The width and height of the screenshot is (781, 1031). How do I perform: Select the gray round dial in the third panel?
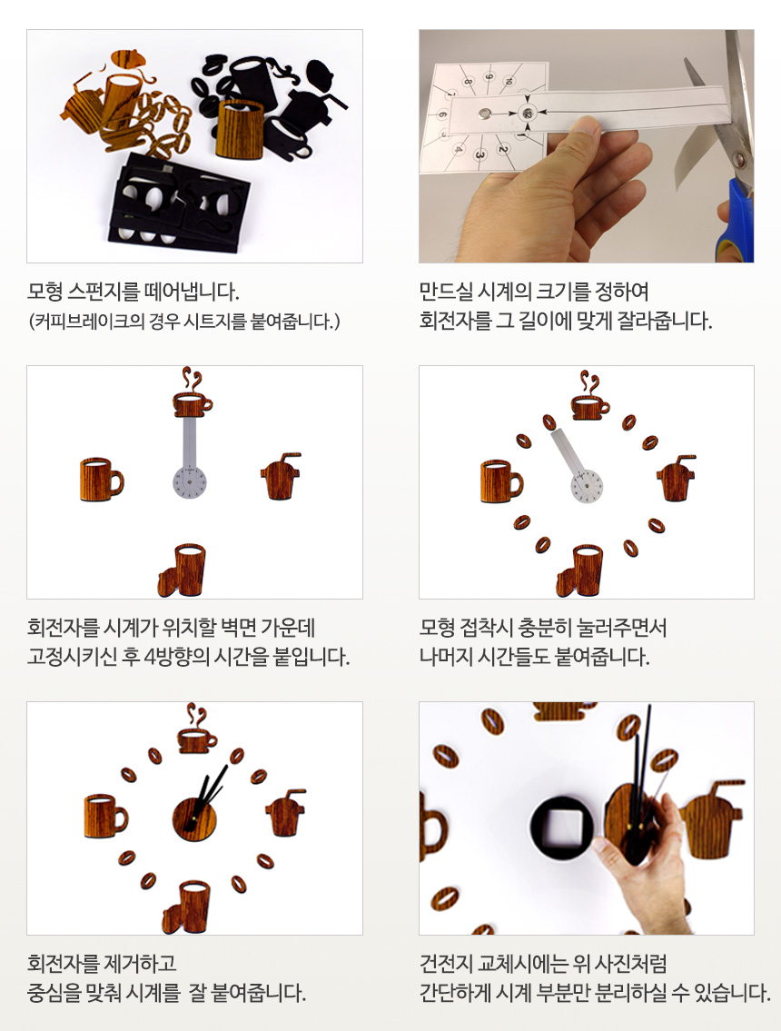(189, 481)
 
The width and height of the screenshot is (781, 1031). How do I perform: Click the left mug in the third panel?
(100, 480)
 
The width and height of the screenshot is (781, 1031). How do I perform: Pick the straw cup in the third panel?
(278, 477)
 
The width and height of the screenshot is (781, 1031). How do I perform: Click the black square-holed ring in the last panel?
(562, 825)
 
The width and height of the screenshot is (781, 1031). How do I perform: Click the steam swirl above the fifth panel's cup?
(195, 713)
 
